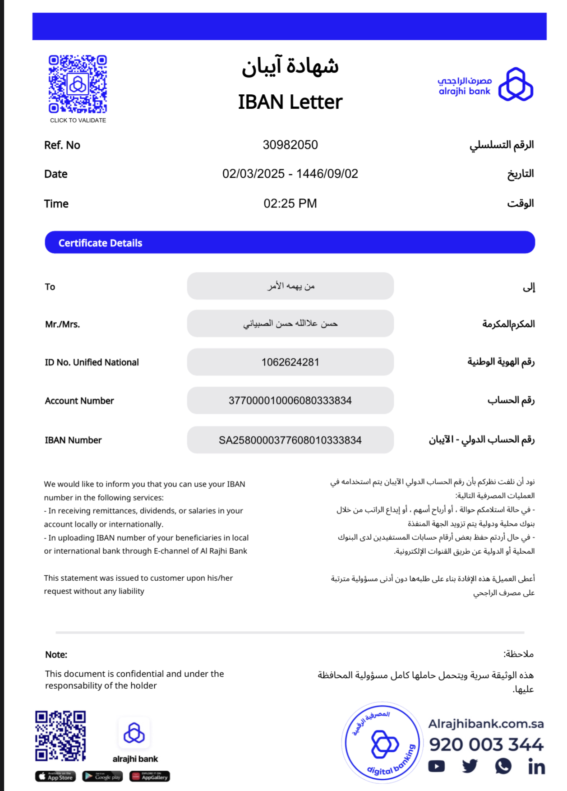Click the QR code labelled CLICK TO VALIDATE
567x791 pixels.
[x=78, y=84]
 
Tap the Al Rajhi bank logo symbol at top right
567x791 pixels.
[x=516, y=84]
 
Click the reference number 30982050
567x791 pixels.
[x=290, y=145]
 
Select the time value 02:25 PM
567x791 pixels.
[x=290, y=204]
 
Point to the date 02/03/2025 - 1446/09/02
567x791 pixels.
[x=290, y=174]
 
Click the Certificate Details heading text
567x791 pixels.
[x=100, y=243]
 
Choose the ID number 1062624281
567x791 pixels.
[x=290, y=362]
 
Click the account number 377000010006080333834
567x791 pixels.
[x=290, y=401]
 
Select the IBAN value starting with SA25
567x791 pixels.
[x=290, y=440]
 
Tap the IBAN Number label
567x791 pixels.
[x=73, y=440]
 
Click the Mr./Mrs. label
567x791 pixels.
[x=62, y=324]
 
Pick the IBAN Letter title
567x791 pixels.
[x=290, y=102]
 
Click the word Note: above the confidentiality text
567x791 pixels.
[x=56, y=655]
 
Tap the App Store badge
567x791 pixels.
[x=55, y=777]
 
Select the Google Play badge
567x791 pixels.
[x=102, y=777]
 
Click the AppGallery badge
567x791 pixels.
[x=150, y=777]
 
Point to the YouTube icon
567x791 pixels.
[x=436, y=766]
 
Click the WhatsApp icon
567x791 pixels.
[x=503, y=766]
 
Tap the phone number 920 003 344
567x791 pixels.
[x=486, y=745]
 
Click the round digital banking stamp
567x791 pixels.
[x=382, y=742]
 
